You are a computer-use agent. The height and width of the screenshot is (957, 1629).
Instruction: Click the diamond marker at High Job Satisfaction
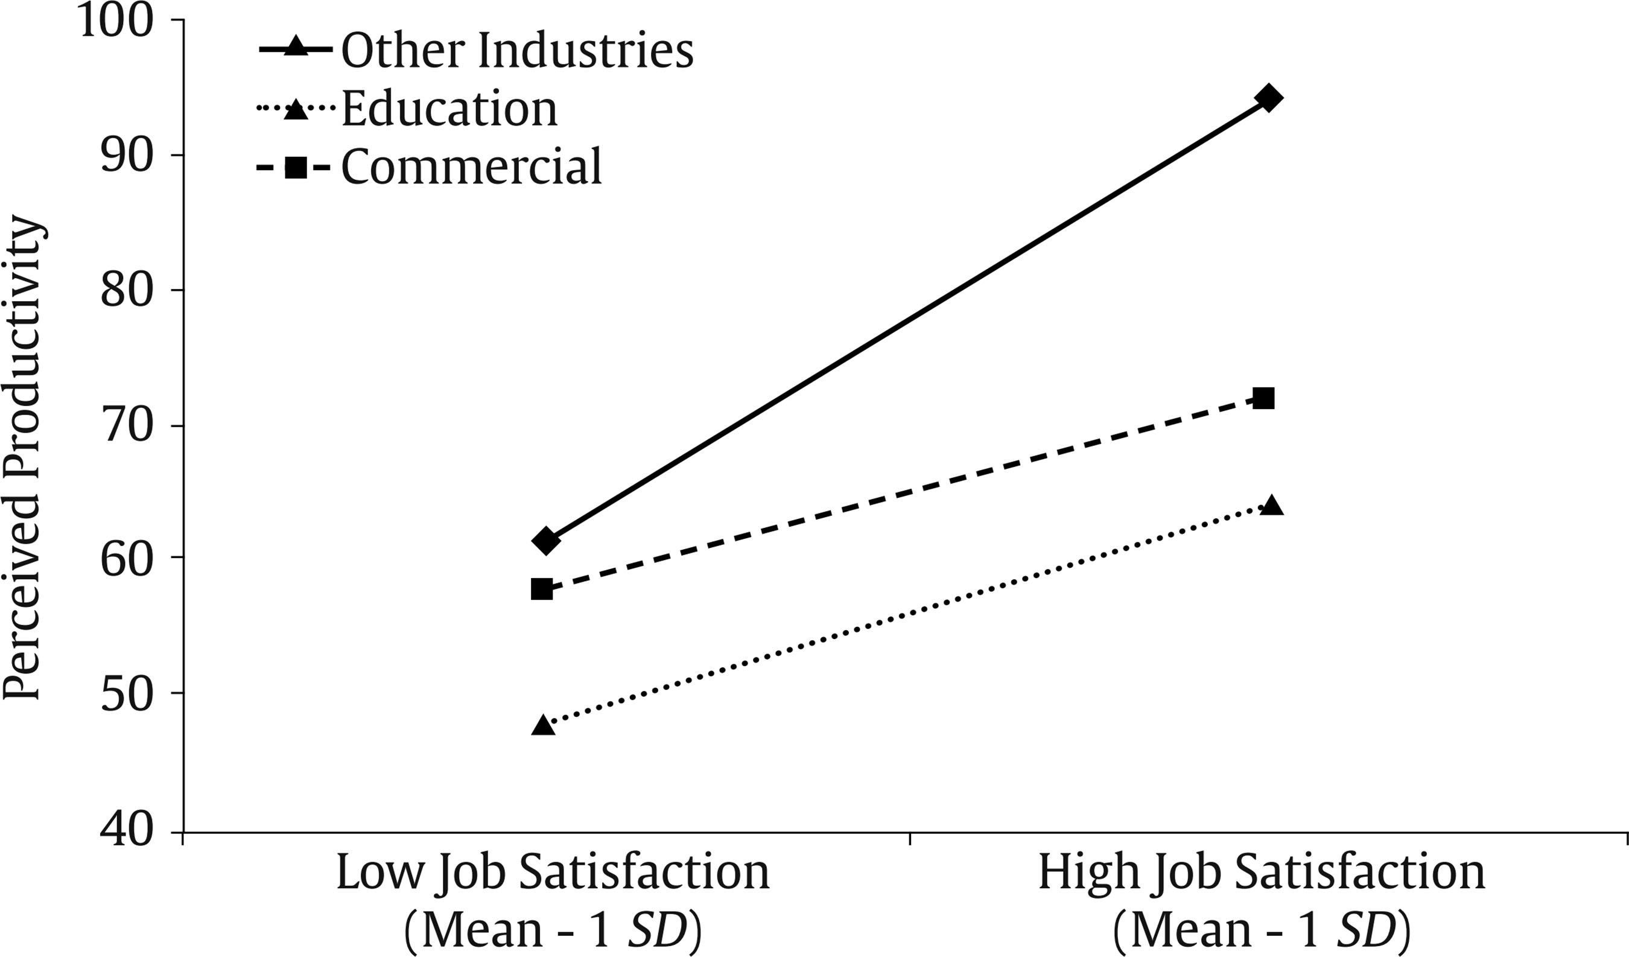(1268, 98)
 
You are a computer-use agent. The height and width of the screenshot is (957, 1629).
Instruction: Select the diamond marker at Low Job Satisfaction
(545, 540)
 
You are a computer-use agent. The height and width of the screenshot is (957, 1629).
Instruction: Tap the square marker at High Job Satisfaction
(1262, 399)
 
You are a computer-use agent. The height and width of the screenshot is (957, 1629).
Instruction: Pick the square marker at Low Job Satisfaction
(542, 589)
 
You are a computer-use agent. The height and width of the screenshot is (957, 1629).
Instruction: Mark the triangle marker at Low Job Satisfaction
(543, 725)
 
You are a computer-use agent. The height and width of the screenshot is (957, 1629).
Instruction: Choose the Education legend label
(449, 109)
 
